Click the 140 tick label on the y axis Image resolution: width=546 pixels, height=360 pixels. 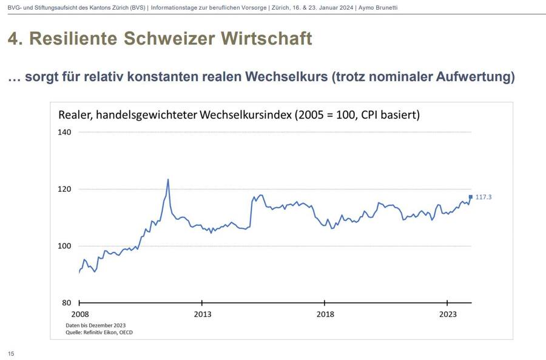(x=65, y=132)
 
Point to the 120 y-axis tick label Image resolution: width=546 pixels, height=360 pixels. (x=65, y=189)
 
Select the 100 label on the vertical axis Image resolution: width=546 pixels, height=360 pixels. (x=65, y=246)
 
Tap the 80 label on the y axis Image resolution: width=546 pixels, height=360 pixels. (x=67, y=303)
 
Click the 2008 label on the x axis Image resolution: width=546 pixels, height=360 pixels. (x=79, y=314)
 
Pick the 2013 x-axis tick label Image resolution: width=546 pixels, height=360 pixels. (x=202, y=314)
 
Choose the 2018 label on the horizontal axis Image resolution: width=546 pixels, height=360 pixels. (x=325, y=314)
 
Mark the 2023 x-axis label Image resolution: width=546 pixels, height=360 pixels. (x=448, y=314)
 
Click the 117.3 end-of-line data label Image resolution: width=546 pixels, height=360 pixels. (x=484, y=197)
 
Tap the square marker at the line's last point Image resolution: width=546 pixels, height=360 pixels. (x=470, y=197)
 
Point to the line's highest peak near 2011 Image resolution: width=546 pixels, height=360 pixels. (x=168, y=179)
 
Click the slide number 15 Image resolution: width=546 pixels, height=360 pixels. (x=11, y=353)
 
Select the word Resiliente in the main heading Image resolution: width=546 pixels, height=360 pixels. (x=73, y=39)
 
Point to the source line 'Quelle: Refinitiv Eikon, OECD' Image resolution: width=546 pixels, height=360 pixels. (x=99, y=332)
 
